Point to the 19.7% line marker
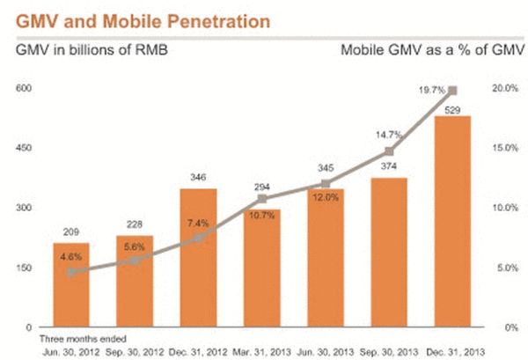(x=453, y=91)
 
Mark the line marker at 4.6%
(x=71, y=272)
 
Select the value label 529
(x=452, y=109)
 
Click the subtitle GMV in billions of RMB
(x=89, y=49)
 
